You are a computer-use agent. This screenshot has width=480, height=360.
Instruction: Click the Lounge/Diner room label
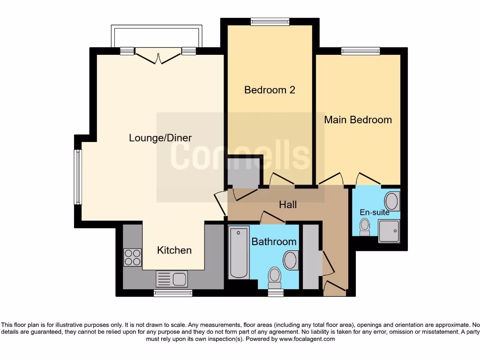pyautogui.click(x=160, y=138)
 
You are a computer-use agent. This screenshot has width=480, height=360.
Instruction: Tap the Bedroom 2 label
pyautogui.click(x=270, y=90)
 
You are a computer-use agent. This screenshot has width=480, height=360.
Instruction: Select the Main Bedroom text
pyautogui.click(x=358, y=120)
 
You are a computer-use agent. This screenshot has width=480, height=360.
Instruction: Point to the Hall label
pyautogui.click(x=288, y=204)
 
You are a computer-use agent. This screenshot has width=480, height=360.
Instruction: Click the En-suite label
pyautogui.click(x=375, y=212)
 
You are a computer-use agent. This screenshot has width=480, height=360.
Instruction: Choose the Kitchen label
pyautogui.click(x=174, y=250)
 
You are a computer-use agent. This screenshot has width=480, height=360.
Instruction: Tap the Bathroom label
pyautogui.click(x=274, y=242)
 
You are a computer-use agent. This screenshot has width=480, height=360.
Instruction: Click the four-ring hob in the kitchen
pyautogui.click(x=132, y=257)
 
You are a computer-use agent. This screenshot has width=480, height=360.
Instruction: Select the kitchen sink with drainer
pyautogui.click(x=172, y=279)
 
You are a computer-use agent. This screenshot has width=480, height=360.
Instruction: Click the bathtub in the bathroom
pyautogui.click(x=239, y=253)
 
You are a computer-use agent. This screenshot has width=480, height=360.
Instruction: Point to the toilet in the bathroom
pyautogui.click(x=275, y=277)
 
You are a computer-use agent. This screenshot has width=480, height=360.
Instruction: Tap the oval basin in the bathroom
pyautogui.click(x=291, y=260)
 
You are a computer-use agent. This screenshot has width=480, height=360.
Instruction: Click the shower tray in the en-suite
pyautogui.click(x=389, y=232)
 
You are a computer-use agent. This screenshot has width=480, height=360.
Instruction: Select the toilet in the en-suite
pyautogui.click(x=364, y=227)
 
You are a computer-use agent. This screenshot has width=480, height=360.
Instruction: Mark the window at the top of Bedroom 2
pyautogui.click(x=270, y=22)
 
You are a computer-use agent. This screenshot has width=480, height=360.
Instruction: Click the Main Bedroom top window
pyautogui.click(x=360, y=51)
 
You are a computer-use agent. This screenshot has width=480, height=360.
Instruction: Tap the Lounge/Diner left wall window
pyautogui.click(x=77, y=177)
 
